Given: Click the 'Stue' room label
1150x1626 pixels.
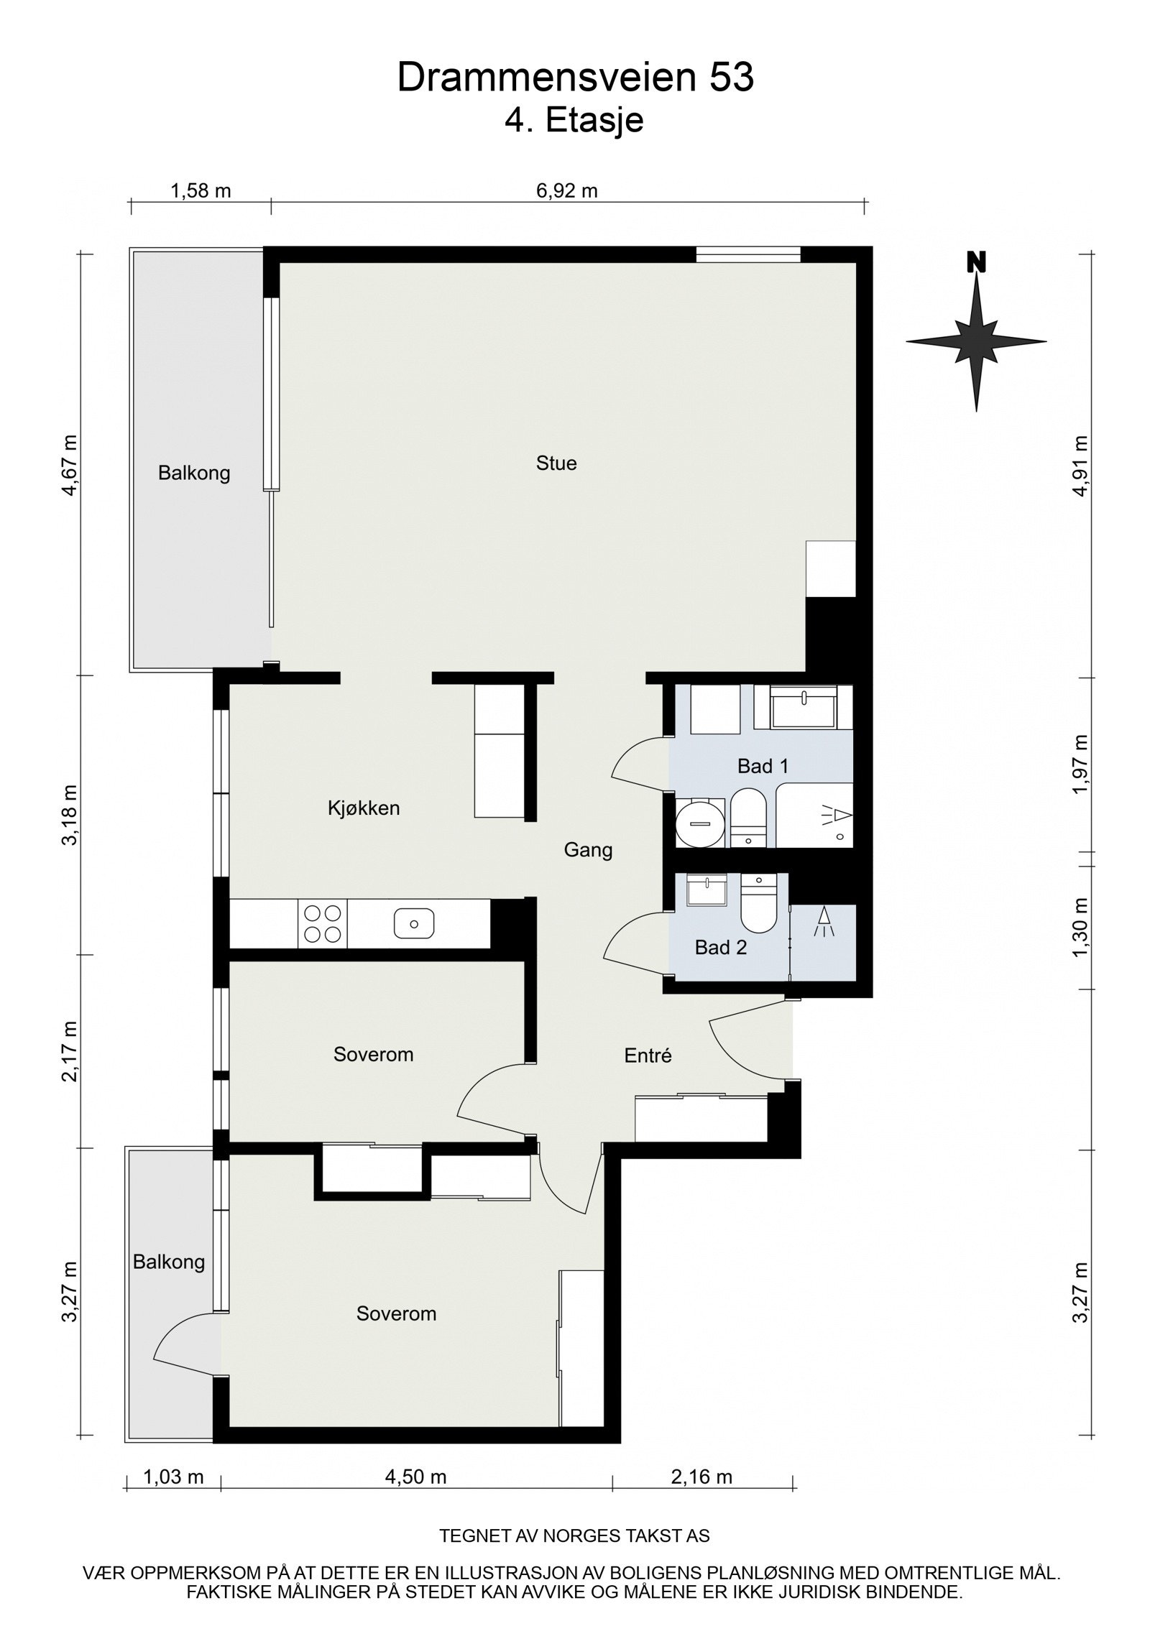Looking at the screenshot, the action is tap(556, 463).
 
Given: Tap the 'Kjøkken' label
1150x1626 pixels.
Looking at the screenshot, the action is tap(364, 808).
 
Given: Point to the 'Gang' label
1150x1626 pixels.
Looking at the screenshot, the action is tap(588, 851).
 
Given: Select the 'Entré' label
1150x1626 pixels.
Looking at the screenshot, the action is tap(648, 1055).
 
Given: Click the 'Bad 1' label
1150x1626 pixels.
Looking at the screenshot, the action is tap(763, 766).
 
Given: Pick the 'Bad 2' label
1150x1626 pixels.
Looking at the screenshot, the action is tap(721, 948).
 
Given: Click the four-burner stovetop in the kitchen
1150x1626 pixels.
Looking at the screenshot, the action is tap(323, 923).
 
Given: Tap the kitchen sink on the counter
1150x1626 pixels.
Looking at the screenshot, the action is tap(414, 923).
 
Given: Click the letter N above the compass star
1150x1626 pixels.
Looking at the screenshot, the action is tap(975, 262).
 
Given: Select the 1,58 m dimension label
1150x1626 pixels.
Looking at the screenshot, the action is tap(201, 190).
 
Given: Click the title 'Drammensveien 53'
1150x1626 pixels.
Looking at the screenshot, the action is tap(576, 78).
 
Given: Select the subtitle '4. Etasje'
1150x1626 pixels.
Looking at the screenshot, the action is tap(574, 120).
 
